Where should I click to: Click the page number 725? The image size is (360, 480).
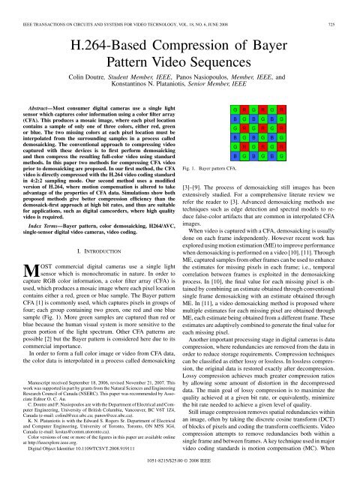pos(346,6)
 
